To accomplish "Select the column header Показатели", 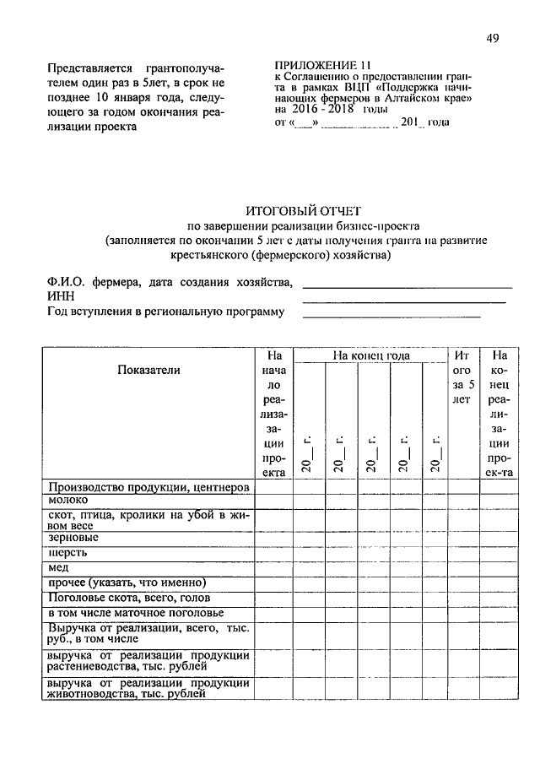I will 149,370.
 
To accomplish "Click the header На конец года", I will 370,356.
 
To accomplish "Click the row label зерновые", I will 73,537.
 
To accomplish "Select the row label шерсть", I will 68,553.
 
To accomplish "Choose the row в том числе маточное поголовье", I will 135,614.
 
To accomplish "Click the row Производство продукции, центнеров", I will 148,487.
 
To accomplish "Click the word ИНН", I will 61,296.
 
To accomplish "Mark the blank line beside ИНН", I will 404,301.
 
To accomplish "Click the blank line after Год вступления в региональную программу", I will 391,317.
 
